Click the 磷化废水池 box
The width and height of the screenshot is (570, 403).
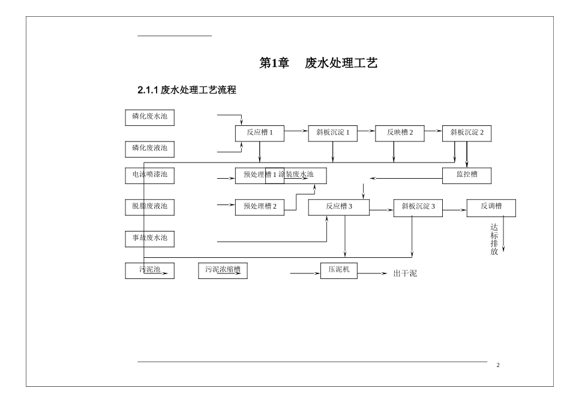150,117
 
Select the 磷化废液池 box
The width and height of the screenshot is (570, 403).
150,148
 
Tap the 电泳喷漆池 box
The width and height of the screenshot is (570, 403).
150,176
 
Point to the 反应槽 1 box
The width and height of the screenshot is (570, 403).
259,133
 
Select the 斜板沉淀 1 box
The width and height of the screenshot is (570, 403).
333,133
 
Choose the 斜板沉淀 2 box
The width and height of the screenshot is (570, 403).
467,133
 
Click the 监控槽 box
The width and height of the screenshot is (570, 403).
467,176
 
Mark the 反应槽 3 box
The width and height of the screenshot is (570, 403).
339,207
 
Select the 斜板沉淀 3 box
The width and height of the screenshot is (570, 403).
418,207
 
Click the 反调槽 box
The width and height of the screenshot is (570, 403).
491,207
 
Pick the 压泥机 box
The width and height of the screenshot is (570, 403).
339,271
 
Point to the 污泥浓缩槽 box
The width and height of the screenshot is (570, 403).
223,271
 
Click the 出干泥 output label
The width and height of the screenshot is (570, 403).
404,273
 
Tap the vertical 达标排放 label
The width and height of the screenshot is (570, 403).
494,239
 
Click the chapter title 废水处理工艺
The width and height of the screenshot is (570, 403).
341,63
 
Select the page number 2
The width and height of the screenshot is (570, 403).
498,365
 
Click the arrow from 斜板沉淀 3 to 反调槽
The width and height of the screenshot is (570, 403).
455,210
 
